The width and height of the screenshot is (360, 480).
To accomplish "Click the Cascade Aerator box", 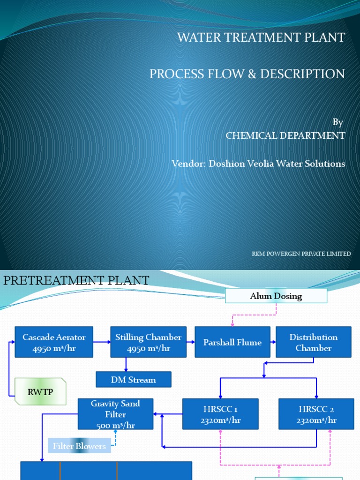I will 54,343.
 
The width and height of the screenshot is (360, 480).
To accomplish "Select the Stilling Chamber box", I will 149,343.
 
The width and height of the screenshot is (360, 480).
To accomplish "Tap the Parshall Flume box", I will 232,343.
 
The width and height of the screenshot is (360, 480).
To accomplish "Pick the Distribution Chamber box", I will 313,343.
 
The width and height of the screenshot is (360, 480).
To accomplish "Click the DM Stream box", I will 134,380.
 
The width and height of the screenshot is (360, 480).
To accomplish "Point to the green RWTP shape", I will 40,391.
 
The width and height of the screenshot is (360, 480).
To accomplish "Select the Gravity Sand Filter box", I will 115,414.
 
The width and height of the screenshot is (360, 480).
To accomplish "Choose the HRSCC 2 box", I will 316,414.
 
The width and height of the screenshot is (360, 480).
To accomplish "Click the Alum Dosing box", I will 276,296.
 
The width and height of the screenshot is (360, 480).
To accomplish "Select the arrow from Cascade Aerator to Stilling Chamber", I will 102,343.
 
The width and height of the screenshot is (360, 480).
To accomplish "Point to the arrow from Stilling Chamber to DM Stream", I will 126,365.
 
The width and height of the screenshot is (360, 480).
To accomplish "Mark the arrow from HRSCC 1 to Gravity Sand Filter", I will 168,414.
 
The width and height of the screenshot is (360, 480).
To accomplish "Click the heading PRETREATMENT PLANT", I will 76,281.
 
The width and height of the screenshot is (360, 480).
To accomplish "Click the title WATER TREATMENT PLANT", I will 261,37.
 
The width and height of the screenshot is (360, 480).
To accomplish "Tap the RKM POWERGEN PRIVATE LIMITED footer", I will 301,254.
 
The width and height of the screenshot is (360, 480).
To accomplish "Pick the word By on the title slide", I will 338,122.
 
